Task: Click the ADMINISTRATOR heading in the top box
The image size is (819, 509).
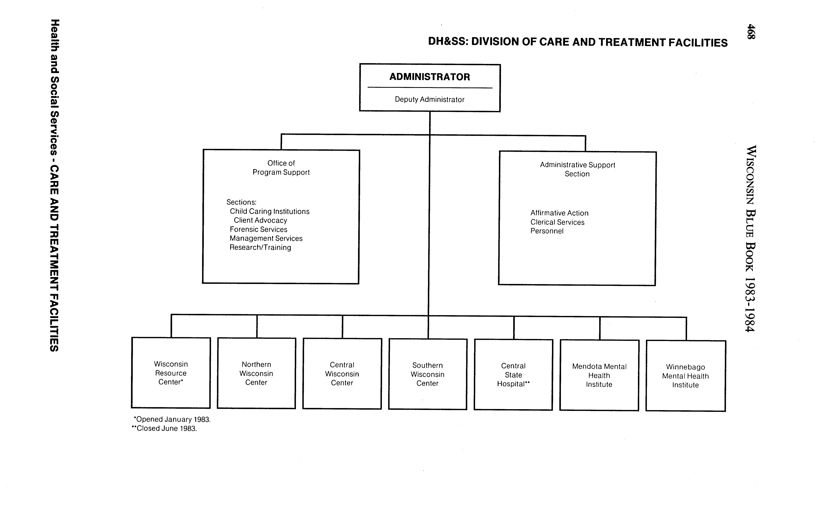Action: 430,77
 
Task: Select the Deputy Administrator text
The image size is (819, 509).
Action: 430,100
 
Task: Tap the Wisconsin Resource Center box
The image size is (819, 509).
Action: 171,373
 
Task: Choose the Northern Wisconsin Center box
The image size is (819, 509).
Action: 257,373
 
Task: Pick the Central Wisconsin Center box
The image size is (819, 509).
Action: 342,374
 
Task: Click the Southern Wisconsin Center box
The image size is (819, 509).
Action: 428,374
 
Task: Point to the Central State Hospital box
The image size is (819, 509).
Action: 513,375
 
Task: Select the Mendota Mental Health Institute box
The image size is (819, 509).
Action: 599,375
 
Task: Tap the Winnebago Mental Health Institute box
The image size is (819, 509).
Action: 685,376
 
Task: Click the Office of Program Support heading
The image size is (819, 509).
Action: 281,168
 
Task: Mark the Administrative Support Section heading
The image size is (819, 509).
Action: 577,169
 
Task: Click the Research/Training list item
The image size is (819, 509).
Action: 260,247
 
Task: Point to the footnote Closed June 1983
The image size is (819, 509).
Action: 164,429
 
